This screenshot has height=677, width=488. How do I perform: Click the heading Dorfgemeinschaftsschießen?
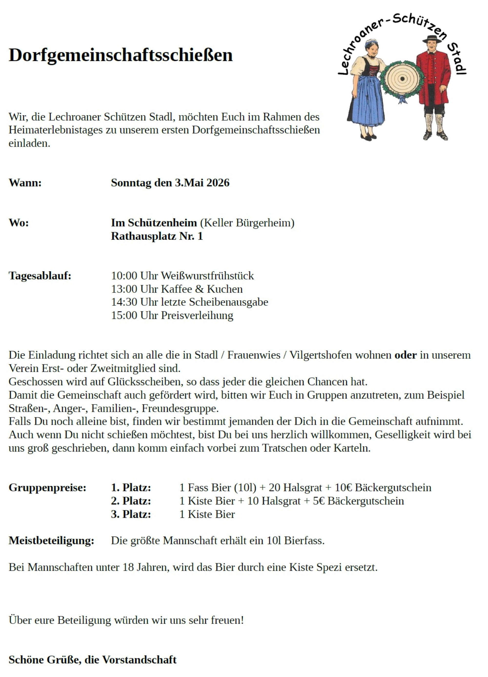point(121,55)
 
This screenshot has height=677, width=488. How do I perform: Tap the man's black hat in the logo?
point(432,39)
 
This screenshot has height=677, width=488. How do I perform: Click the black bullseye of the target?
point(402,79)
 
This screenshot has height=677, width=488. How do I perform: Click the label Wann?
point(25,183)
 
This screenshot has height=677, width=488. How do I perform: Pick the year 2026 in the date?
point(218,183)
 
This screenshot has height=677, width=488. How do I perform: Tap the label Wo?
point(19,223)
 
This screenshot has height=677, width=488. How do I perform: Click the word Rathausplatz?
point(143,236)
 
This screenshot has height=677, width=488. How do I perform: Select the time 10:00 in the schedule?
point(124,275)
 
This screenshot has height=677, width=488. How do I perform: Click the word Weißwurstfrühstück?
point(207,275)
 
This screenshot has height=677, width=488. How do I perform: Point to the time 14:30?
point(124,302)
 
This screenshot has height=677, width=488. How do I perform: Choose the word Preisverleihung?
point(197,315)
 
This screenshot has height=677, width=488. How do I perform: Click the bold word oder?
point(406,355)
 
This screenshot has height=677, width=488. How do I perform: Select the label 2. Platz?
point(131,501)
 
